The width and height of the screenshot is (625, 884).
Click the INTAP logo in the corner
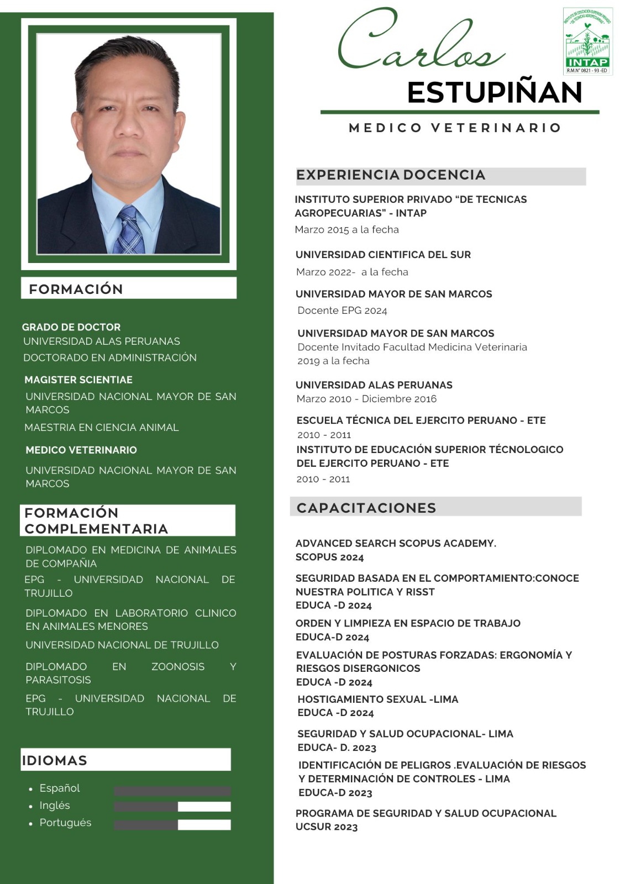[587, 41]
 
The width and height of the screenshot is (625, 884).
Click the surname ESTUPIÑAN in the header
[495, 92]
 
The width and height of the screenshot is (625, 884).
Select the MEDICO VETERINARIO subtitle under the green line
[455, 128]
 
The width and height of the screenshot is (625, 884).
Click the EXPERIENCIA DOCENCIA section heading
[391, 175]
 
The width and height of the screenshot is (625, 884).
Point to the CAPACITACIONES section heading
[366, 508]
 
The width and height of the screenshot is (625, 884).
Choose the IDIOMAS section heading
[55, 760]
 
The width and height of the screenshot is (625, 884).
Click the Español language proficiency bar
[172, 791]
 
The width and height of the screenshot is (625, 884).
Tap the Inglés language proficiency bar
[172, 807]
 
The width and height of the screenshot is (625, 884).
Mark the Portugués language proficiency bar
[172, 824]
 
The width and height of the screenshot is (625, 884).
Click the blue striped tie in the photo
[130, 229]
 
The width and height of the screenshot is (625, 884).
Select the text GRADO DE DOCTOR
[71, 327]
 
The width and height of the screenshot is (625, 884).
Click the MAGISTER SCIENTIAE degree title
[78, 380]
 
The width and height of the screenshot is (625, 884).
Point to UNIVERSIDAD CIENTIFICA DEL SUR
[384, 255]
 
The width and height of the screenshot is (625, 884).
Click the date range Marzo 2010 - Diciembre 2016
[366, 399]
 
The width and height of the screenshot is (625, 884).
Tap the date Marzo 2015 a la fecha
[346, 230]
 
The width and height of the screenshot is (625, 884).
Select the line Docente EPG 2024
[342, 311]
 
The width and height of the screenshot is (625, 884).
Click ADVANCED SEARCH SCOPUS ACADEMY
[396, 543]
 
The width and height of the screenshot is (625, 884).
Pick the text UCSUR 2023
[327, 827]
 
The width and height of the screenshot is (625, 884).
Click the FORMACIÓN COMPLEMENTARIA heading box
[128, 520]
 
